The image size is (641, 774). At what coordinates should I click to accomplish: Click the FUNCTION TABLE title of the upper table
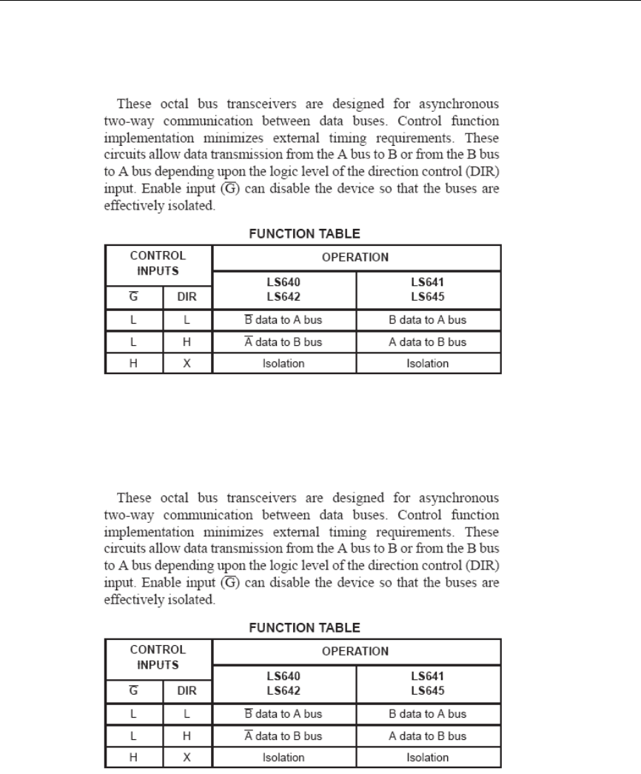click(x=303, y=234)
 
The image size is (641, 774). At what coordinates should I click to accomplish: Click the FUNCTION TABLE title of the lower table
click(x=303, y=627)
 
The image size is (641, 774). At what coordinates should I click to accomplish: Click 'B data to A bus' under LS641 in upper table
click(x=429, y=321)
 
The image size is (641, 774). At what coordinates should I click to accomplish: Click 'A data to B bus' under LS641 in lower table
click(x=429, y=736)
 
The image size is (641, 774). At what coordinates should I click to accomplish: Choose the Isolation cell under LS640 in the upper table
click(x=284, y=364)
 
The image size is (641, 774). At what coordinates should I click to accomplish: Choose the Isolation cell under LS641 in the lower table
click(x=429, y=758)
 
